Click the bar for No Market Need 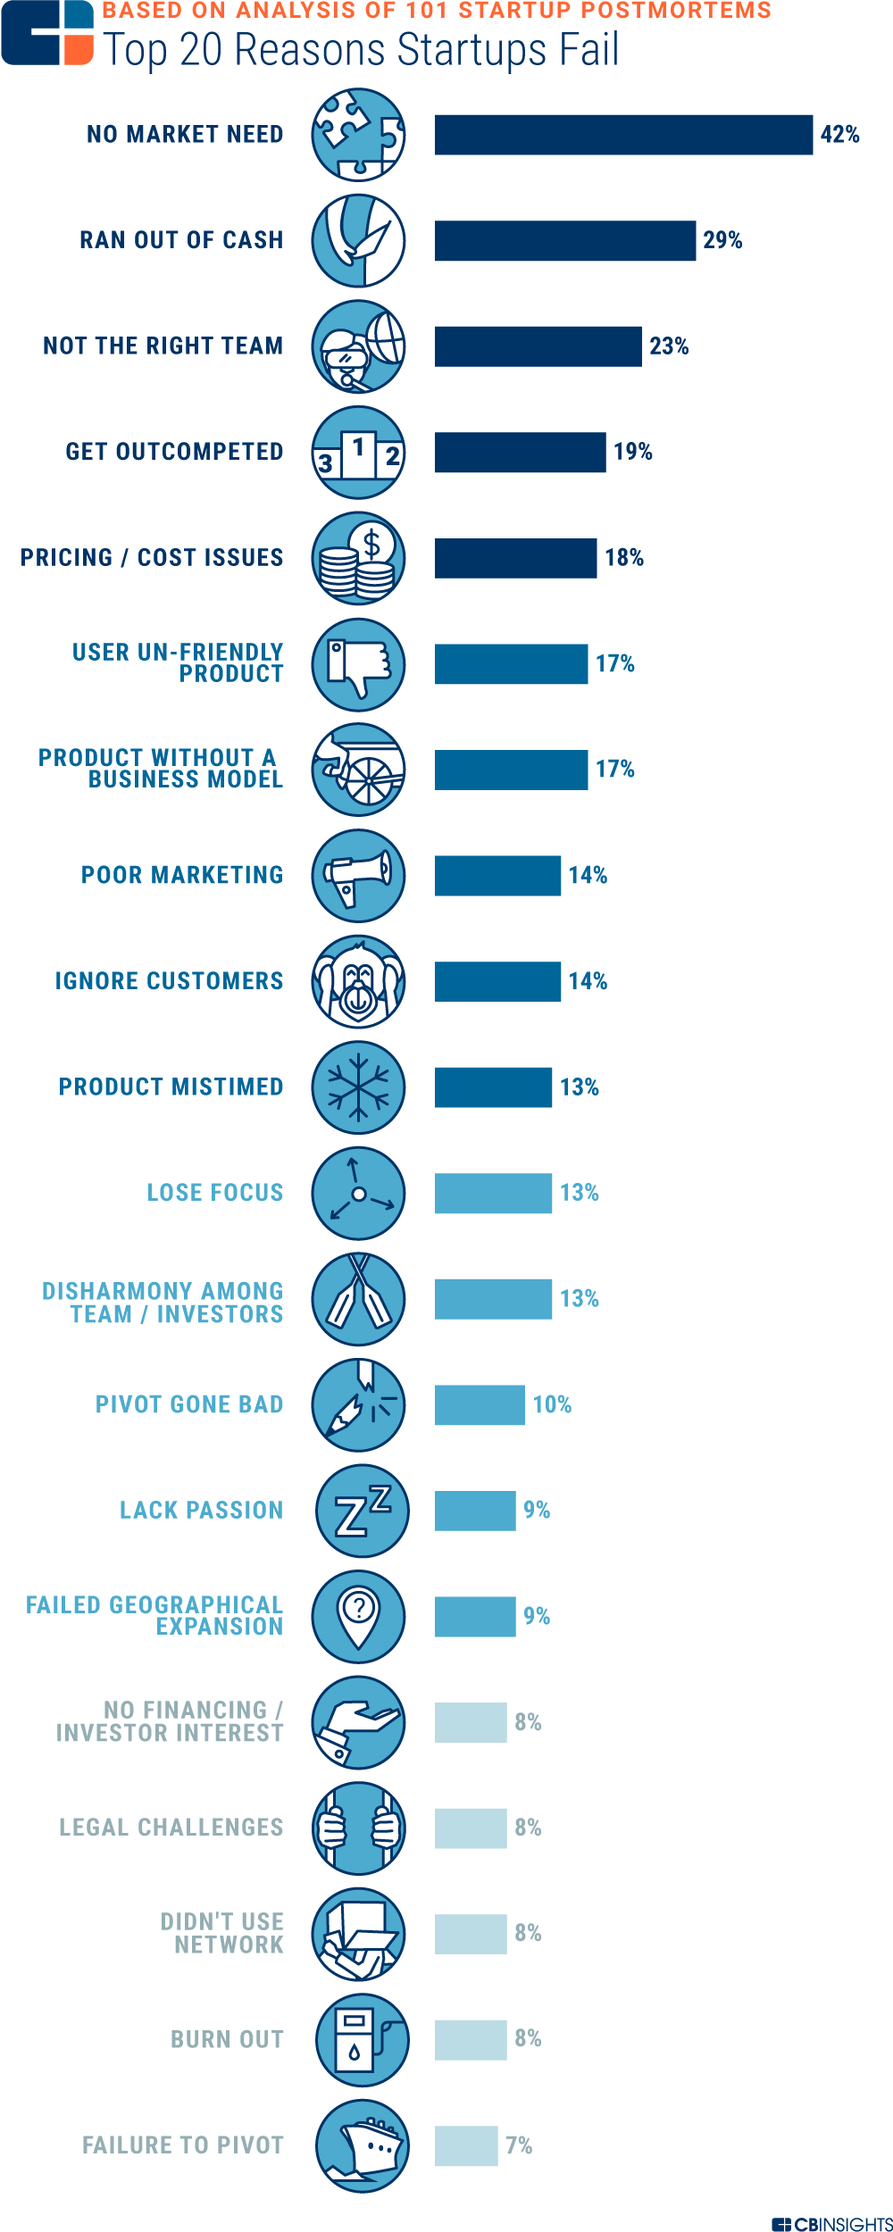click(x=623, y=135)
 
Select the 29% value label click(x=722, y=240)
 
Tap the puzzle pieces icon click(x=358, y=135)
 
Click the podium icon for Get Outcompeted click(x=358, y=453)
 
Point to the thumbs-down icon click(x=358, y=665)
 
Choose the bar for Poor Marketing click(x=497, y=875)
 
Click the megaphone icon click(x=358, y=875)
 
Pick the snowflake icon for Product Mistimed click(x=358, y=1087)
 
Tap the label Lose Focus click(x=214, y=1193)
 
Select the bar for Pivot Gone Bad click(x=480, y=1405)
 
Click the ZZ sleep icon click(x=362, y=1511)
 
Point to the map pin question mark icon click(x=358, y=1617)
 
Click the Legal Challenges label click(x=171, y=1828)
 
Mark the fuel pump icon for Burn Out click(x=362, y=2040)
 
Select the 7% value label click(x=519, y=2145)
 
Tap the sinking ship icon click(x=362, y=2145)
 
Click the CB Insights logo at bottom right click(x=831, y=2223)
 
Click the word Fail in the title click(x=588, y=50)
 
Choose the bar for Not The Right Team click(x=538, y=346)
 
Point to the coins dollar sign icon click(x=358, y=559)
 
